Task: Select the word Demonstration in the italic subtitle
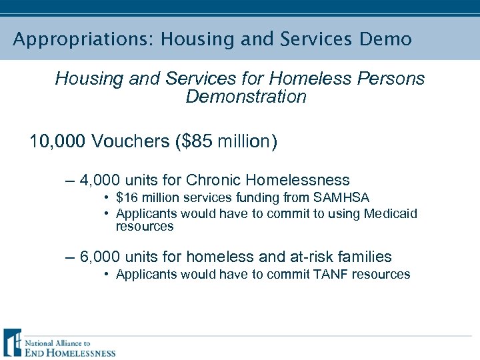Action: click(246, 97)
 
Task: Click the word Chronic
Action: click(214, 180)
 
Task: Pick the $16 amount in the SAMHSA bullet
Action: click(125, 198)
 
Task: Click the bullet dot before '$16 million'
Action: click(107, 198)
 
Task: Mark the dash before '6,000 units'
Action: click(70, 257)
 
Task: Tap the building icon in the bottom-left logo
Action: click(12, 343)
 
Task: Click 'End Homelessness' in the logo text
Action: click(70, 353)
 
